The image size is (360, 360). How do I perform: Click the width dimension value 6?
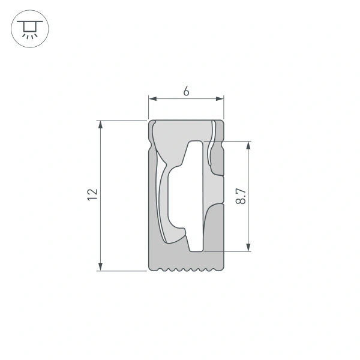coord(186,91)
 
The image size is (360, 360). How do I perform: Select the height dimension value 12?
coord(91,194)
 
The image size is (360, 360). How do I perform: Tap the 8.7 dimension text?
coord(240,196)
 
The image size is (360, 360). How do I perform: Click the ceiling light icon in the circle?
coord(28,28)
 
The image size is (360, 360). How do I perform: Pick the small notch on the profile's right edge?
coord(223,144)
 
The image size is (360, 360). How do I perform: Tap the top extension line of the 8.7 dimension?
coord(234,142)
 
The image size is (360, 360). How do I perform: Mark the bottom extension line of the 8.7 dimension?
coord(231,251)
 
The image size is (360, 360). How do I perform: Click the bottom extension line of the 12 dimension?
coord(123,271)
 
